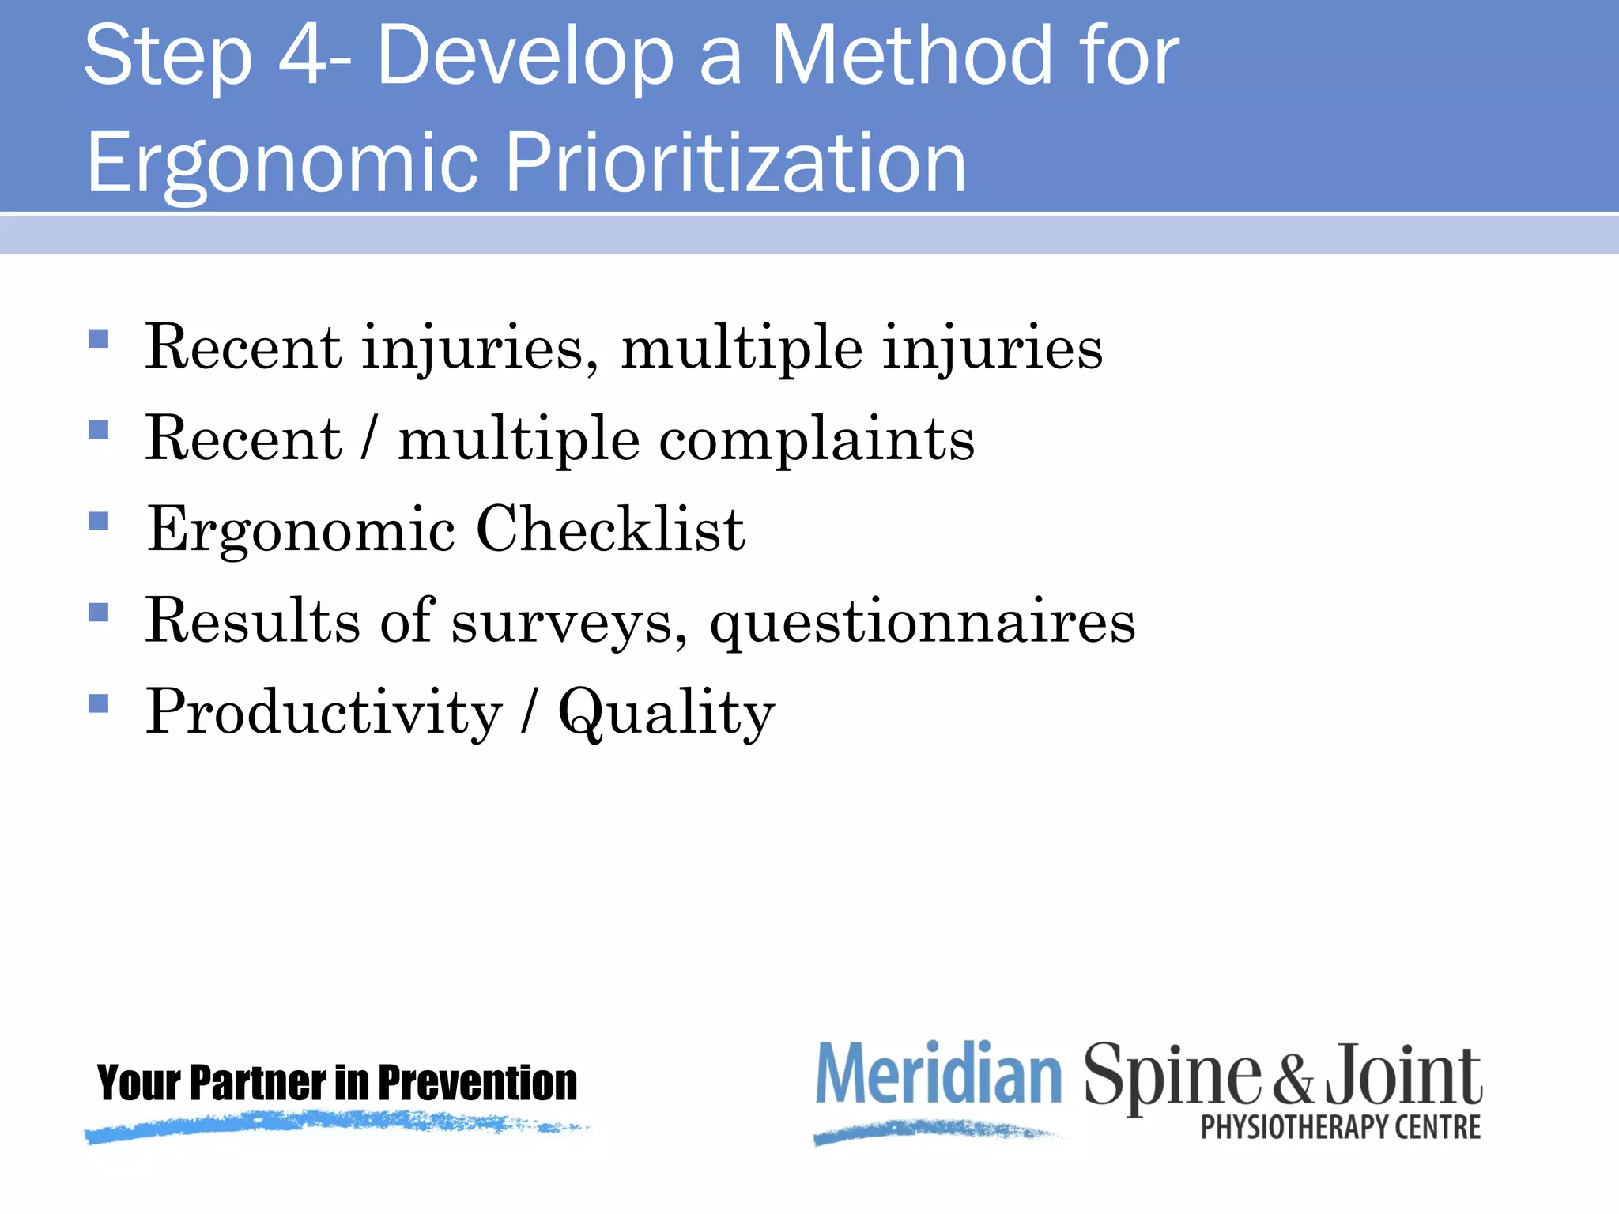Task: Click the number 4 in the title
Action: tap(302, 55)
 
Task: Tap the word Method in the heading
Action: tap(911, 55)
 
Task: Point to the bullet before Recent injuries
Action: tap(98, 339)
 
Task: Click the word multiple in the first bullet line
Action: tap(742, 349)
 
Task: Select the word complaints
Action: tap(817, 440)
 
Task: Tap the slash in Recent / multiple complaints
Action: tap(368, 439)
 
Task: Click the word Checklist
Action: tap(610, 529)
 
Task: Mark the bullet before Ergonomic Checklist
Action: tap(98, 522)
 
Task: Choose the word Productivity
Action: tap(323, 713)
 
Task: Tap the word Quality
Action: tap(666, 713)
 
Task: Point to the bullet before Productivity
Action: tap(98, 703)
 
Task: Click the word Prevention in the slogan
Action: tap(477, 1083)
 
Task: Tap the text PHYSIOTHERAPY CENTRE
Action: tap(1341, 1127)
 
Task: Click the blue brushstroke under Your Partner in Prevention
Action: tap(332, 1125)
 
